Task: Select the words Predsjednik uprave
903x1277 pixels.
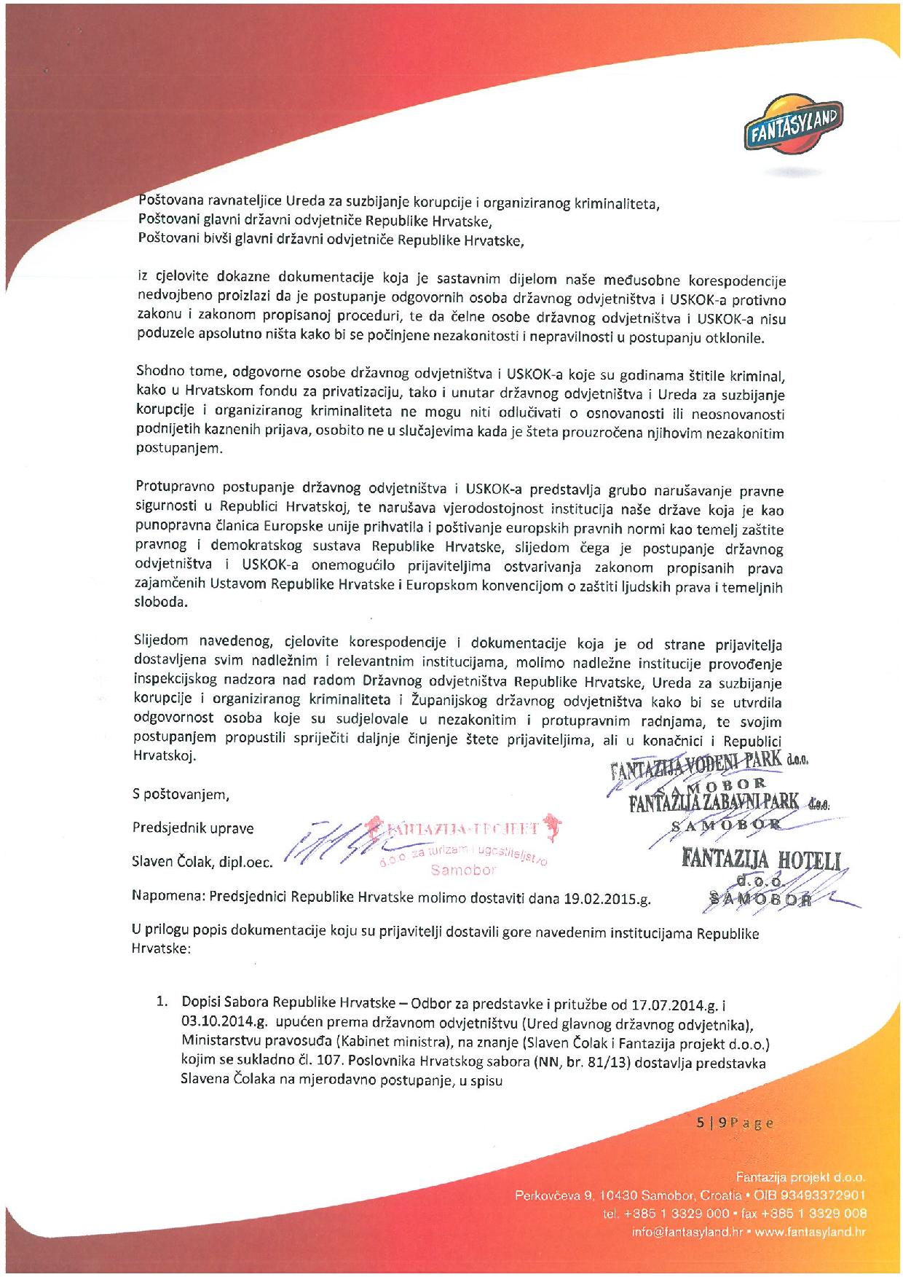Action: point(193,828)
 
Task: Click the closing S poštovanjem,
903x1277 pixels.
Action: point(181,794)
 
